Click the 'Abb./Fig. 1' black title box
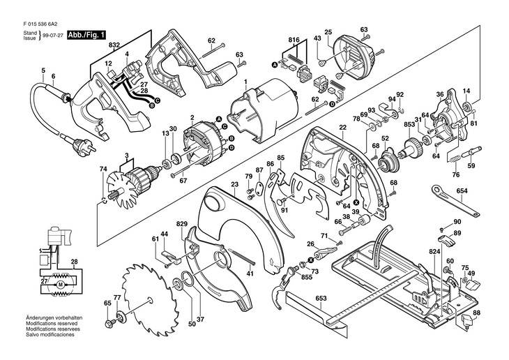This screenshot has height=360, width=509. coord(86,35)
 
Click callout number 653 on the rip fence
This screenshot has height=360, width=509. coord(321,299)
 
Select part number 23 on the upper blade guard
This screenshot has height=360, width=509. coord(234,184)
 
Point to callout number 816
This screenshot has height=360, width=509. coord(294,40)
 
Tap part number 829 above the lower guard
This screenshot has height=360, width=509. coord(182,223)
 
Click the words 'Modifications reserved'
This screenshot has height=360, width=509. coord(52,324)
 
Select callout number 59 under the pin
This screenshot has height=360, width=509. coord(471,166)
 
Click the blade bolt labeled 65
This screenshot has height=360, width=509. coord(108,323)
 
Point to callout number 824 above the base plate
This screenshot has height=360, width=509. coord(434,251)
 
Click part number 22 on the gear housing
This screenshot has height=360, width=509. coord(343,128)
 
